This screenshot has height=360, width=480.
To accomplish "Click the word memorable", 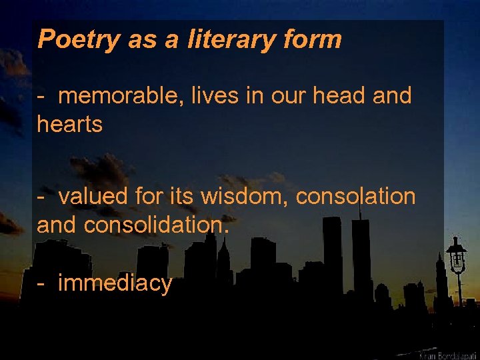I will point(121,96).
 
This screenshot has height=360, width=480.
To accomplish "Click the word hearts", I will point(70,124).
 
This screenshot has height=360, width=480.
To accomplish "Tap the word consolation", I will point(355,197).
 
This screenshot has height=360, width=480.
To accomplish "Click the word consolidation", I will point(156,225).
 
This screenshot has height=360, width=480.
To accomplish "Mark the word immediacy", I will point(115,284).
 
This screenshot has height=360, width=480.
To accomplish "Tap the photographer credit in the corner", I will point(446,354).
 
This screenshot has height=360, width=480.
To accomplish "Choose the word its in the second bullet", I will point(195,197).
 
